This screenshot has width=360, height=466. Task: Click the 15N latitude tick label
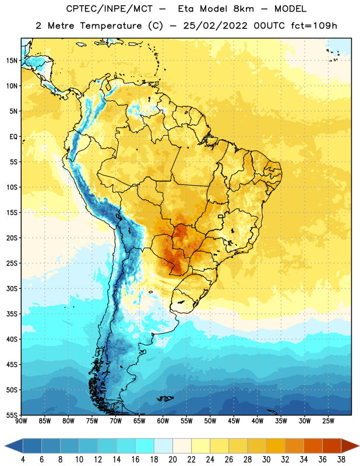pos(12,61)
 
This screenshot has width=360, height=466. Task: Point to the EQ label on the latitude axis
pos(13,137)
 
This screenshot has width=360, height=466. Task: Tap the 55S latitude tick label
pos(12,415)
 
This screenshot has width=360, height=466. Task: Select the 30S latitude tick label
pos(12,288)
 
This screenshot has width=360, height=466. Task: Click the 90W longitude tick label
pos(21,421)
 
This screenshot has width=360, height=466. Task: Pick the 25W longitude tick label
pos(328,421)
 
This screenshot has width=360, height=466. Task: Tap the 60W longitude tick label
pos(163,421)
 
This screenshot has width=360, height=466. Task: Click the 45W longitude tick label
pos(234,421)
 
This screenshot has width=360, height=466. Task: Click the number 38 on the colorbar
pos(341,460)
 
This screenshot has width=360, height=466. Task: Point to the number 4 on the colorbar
pos(23,460)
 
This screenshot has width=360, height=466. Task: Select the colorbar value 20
pos(172,460)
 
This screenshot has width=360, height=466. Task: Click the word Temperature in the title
pos(111,26)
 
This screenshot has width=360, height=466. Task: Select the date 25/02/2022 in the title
pos(215,26)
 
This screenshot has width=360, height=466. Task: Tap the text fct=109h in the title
pos(314,26)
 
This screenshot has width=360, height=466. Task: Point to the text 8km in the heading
pos(243,9)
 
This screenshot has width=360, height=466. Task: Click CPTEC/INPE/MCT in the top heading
pos(109,9)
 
